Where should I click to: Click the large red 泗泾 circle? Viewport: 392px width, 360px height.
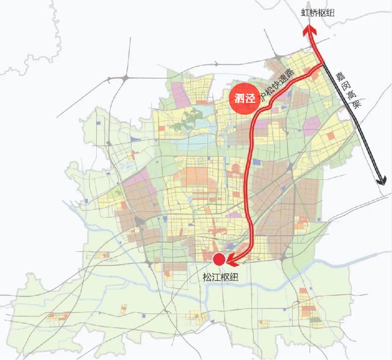[x=244, y=97]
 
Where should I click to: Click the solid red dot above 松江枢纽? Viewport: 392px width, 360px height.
[x=219, y=259]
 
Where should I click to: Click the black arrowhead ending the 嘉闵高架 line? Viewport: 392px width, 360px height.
[x=381, y=181]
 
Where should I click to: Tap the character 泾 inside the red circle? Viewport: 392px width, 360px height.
[x=249, y=98]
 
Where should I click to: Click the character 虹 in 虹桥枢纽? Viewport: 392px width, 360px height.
[x=305, y=12]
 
